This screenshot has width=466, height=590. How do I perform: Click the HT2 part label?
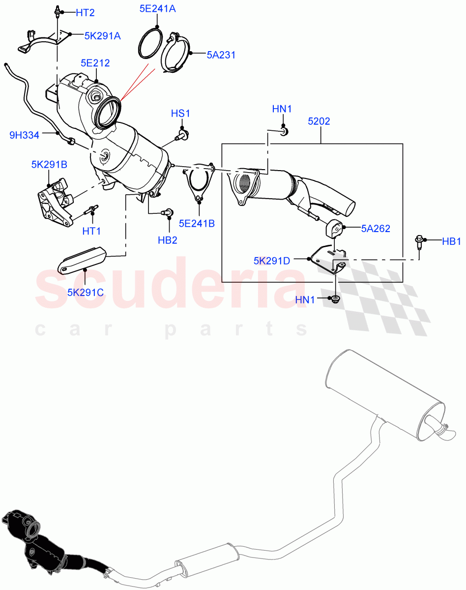coord(85,13)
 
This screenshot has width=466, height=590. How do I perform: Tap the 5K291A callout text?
coord(103,35)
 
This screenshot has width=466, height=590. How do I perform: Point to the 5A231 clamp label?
coord(221,55)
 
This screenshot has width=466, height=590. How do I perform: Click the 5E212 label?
coord(95,63)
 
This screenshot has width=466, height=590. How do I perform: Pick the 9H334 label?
coord(24,135)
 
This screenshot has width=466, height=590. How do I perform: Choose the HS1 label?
coord(180,114)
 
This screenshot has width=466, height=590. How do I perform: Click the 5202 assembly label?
coord(319,121)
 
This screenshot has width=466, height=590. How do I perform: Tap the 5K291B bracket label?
coord(49,165)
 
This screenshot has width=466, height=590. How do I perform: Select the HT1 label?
coord(91,230)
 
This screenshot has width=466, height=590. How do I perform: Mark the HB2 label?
coord(168,240)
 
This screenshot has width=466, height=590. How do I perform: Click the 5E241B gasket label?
coord(197,223)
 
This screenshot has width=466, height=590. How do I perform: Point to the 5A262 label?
coord(376,228)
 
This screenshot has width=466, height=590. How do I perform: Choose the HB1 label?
coord(451,241)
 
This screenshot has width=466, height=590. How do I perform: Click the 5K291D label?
coord(272,261)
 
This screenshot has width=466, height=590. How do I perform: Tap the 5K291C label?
coord(86,293)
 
